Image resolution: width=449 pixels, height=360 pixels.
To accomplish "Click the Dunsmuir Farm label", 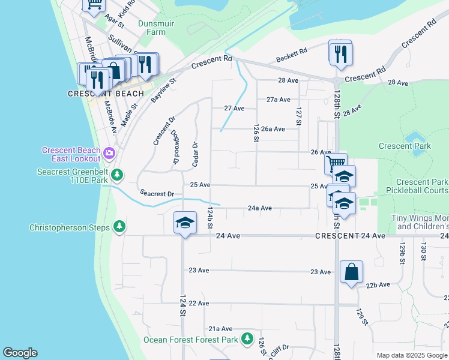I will [151, 28].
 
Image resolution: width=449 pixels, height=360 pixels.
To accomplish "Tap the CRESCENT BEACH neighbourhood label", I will [106, 94].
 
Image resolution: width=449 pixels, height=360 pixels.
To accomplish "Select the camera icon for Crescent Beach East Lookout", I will [109, 153].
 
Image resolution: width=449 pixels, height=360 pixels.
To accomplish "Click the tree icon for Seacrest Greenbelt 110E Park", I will [118, 175].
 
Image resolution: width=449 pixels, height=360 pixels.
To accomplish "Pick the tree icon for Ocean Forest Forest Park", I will [246, 339].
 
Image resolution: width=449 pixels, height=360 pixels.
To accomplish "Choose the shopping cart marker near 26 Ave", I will [335, 163].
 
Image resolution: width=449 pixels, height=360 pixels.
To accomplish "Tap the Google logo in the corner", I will [20, 353].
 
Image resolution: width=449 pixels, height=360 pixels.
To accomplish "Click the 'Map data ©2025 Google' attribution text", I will [412, 355].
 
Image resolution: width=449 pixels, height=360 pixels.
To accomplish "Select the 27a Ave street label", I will [279, 100].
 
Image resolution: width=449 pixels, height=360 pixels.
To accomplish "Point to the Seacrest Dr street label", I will [157, 194].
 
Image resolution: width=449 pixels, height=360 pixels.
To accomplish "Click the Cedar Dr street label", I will [194, 154].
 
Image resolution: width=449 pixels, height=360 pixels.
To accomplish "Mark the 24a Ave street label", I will [260, 208].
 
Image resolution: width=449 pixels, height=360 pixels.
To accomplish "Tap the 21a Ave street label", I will [220, 329].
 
